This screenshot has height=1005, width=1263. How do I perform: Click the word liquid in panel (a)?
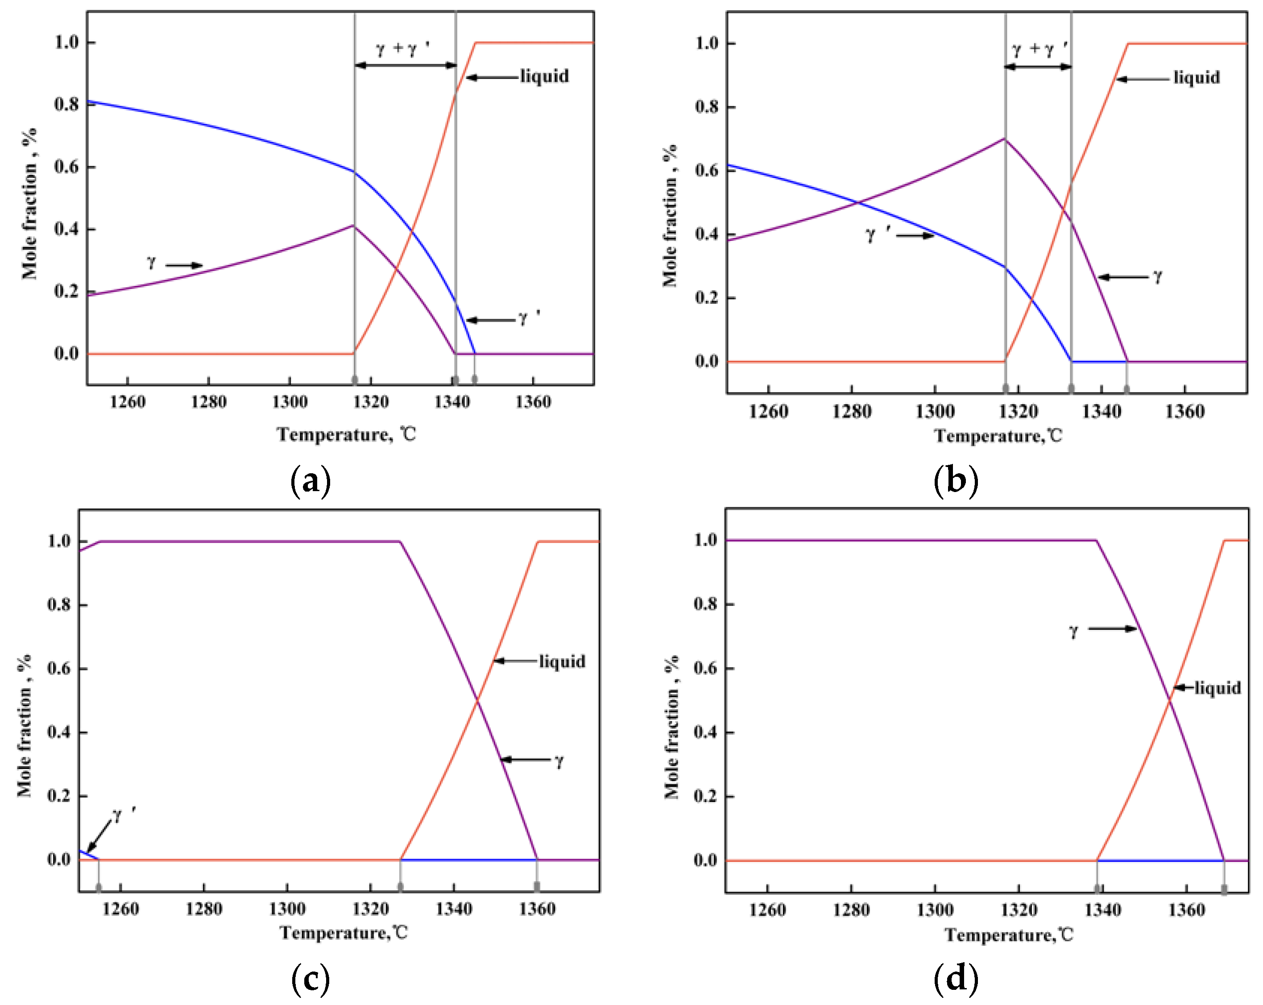[544, 76]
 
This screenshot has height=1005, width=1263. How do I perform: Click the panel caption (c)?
[311, 979]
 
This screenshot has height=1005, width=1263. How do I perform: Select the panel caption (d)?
[956, 979]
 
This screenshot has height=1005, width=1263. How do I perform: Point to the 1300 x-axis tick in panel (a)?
[290, 402]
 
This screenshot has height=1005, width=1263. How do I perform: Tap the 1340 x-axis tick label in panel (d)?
[1102, 910]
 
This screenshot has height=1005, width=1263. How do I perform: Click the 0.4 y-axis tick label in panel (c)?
[59, 732]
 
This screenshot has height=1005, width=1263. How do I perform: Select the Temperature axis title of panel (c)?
[343, 932]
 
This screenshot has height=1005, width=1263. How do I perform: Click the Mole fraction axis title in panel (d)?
[671, 726]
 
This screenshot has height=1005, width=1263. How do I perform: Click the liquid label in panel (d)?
[1218, 687]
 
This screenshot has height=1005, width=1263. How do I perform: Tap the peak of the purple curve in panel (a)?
[353, 225]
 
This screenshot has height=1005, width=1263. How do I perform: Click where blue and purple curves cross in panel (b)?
[857, 203]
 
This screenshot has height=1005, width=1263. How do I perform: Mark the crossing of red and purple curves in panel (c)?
[477, 700]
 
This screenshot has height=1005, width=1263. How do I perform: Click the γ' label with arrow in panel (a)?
[528, 318]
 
